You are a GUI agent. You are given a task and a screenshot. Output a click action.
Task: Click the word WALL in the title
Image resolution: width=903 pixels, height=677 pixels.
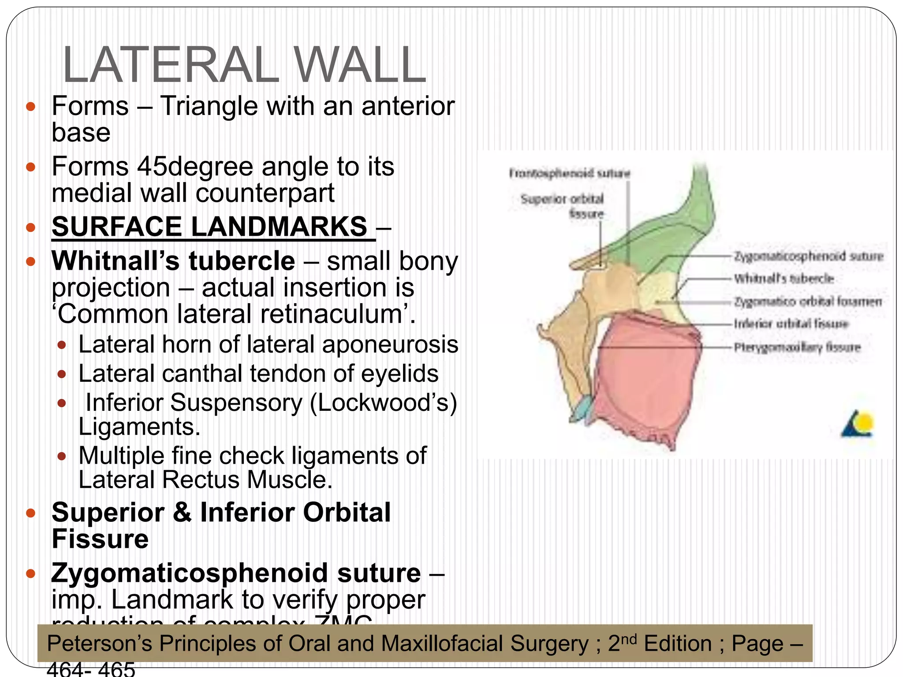(x=360, y=65)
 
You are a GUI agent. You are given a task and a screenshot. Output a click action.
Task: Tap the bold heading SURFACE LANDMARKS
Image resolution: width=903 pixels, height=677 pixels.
(x=209, y=227)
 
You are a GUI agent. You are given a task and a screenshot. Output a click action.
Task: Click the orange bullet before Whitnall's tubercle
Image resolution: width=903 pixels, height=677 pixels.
(x=30, y=261)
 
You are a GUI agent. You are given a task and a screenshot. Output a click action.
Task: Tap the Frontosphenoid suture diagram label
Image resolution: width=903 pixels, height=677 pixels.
(x=570, y=173)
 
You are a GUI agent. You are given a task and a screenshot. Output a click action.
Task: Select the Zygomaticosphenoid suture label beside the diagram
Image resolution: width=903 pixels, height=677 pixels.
(x=808, y=256)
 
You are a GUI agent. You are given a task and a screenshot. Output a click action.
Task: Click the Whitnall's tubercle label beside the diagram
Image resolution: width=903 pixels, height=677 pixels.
(x=784, y=279)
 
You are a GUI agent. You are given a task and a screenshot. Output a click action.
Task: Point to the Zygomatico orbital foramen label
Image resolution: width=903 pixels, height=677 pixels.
(x=807, y=301)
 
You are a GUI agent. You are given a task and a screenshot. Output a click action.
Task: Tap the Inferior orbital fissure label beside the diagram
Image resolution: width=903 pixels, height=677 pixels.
(x=791, y=324)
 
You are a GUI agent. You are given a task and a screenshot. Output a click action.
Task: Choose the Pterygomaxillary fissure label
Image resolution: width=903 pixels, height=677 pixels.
(x=797, y=347)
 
